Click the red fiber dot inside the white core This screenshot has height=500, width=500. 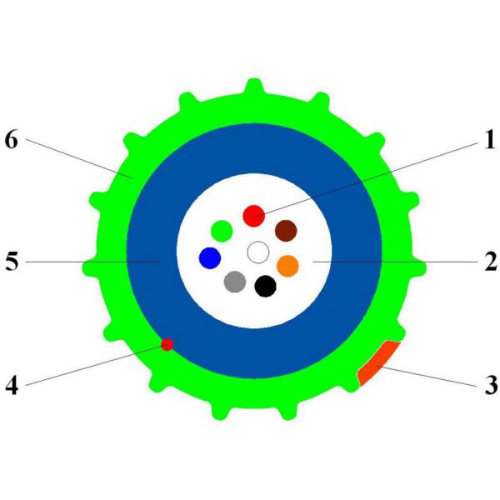point(254,216)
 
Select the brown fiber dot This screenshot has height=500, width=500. point(286,231)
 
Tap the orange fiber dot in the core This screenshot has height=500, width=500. point(287,266)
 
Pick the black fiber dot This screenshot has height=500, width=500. point(265,287)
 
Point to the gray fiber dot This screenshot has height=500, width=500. point(235,282)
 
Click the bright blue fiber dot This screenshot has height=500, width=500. point(210,258)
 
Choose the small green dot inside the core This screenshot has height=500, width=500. point(222,231)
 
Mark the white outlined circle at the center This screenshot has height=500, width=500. point(258,252)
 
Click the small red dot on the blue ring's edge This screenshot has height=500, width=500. point(167,344)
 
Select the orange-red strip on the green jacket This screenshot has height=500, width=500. point(377,362)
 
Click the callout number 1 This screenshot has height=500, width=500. point(490,139)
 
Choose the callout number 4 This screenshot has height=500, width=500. point(12,385)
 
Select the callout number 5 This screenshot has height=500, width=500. point(12,262)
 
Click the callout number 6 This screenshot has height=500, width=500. point(12,139)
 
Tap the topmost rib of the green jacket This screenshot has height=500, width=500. point(254,87)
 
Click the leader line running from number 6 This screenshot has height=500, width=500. point(79,158)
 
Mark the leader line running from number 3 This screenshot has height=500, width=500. point(427,377)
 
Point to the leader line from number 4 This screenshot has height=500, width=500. point(97,365)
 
